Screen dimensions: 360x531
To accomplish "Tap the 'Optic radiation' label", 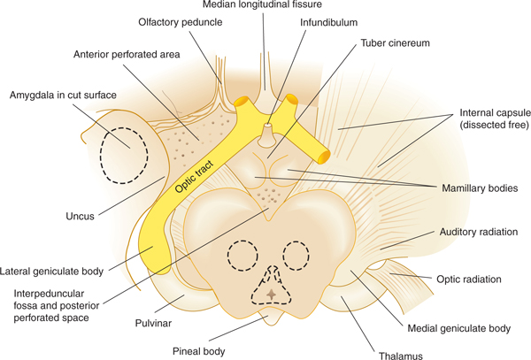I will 470,280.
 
